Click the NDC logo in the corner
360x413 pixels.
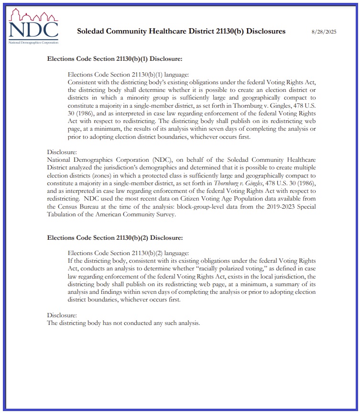point(33,27)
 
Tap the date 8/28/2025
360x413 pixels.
point(324,32)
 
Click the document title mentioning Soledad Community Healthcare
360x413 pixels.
point(181,31)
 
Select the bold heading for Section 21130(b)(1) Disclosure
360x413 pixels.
point(114,58)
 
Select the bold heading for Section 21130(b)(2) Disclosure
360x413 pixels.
point(114,237)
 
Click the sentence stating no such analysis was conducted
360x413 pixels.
point(123,323)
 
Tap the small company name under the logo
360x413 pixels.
point(33,43)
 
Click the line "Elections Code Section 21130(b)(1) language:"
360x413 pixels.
point(129,74)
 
